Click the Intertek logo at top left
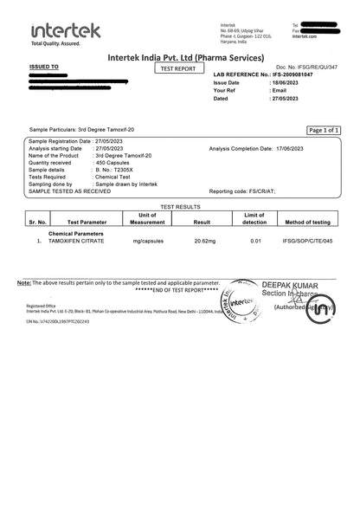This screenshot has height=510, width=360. [x=65, y=33]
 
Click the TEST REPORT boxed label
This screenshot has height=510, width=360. [x=179, y=68]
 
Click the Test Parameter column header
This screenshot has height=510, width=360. [x=85, y=223]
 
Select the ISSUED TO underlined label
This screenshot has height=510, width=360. [x=44, y=66]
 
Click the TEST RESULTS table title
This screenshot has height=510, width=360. [x=179, y=208]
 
